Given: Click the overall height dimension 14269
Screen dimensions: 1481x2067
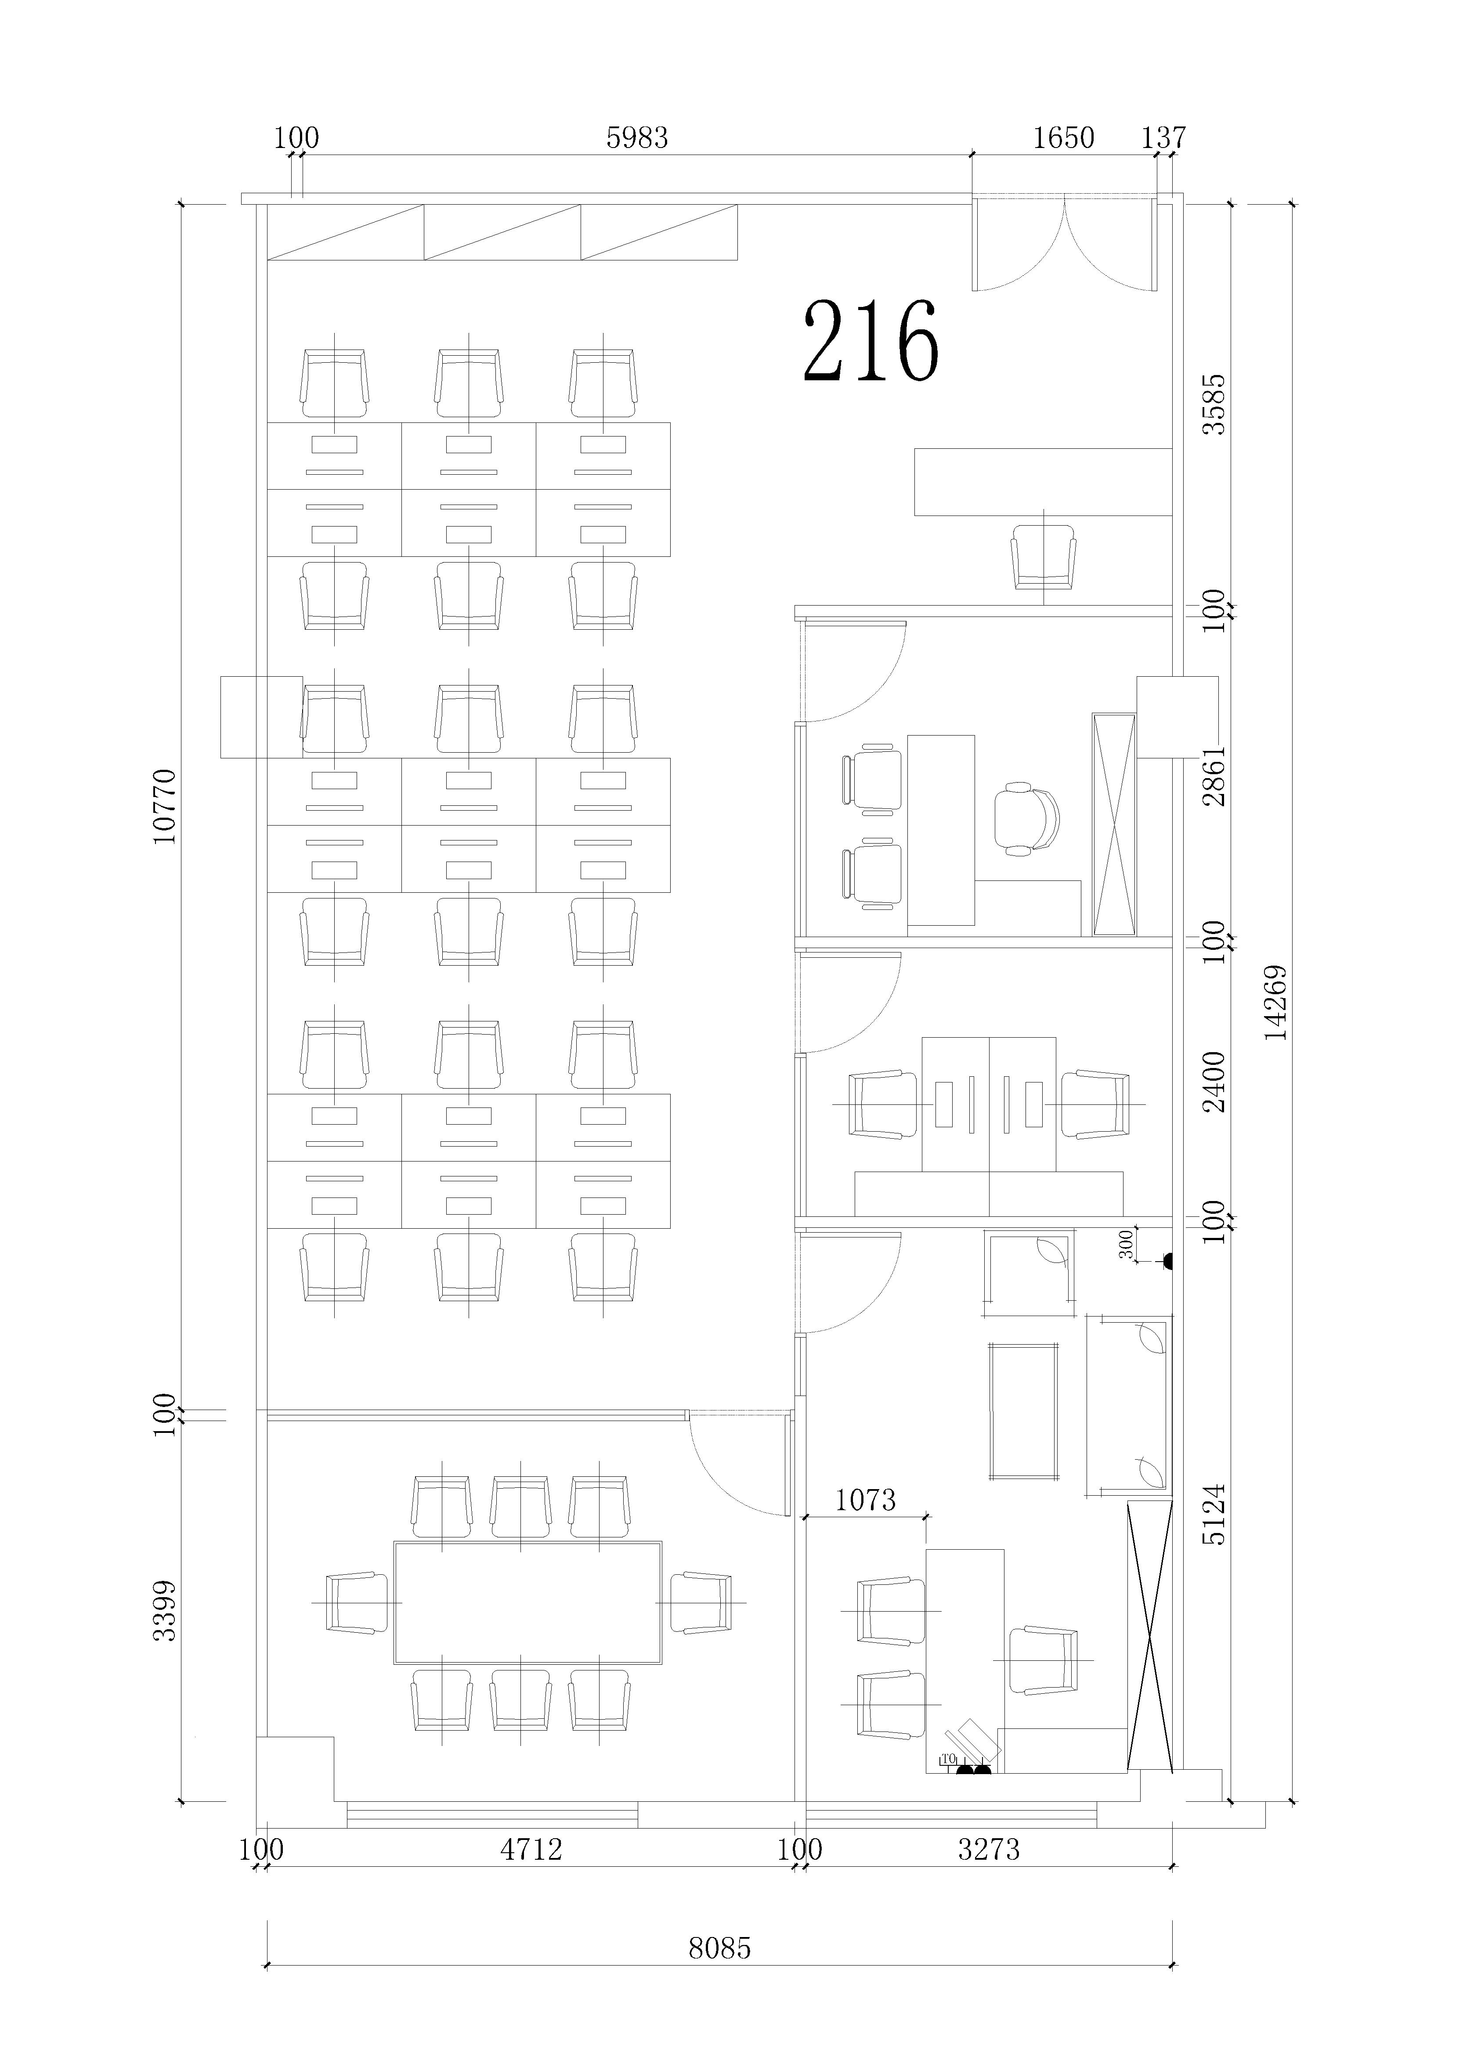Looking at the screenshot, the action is pos(1277,1003).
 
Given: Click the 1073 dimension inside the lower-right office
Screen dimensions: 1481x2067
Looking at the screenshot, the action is pos(866,1499).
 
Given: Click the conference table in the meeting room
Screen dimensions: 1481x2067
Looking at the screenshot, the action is pos(527,1603).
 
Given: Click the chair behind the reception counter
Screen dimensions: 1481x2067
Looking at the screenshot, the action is pos(1044,557).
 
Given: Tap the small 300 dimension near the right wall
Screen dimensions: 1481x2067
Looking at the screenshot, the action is pos(1127,1244).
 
